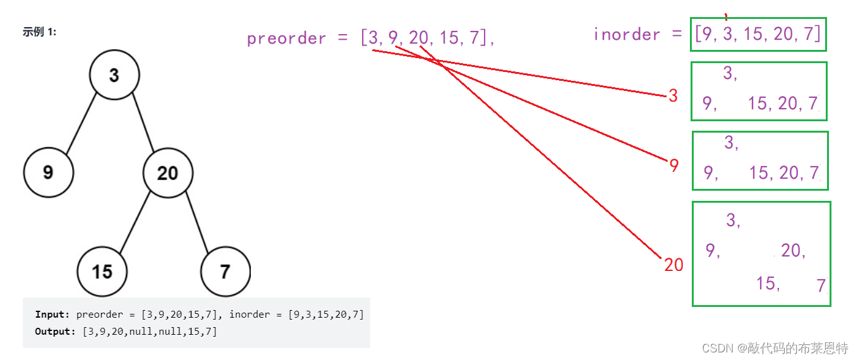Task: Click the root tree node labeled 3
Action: click(x=114, y=75)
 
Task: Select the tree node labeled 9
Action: click(x=49, y=172)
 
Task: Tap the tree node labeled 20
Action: click(x=167, y=172)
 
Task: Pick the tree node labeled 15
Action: click(x=102, y=272)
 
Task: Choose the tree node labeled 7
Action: click(x=225, y=272)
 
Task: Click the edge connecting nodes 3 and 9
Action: click(x=82, y=124)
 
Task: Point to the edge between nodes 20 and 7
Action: click(x=196, y=222)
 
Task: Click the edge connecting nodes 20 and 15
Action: click(x=135, y=222)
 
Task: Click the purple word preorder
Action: click(x=286, y=39)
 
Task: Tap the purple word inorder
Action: click(x=626, y=34)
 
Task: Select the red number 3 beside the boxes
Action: click(x=673, y=96)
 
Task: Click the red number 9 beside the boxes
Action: click(x=674, y=165)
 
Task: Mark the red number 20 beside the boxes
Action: click(x=674, y=265)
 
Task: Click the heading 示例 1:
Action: click(x=39, y=32)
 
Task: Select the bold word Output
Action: click(x=55, y=331)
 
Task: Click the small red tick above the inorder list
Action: click(x=726, y=17)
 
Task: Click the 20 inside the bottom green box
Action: click(x=793, y=251)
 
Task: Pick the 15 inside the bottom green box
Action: click(x=768, y=284)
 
